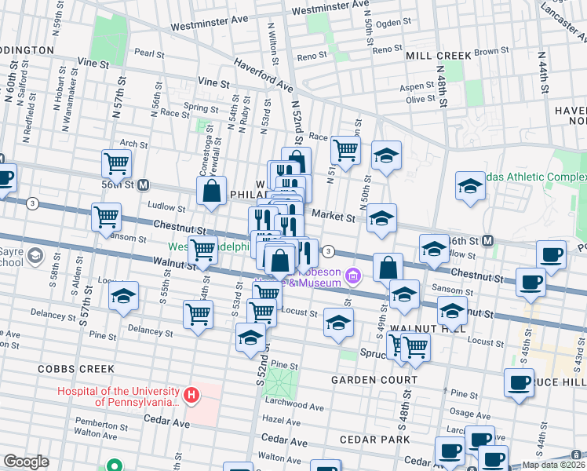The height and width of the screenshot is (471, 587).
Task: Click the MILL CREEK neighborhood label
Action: pos(439,56)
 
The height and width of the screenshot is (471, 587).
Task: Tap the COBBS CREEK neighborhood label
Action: pos(76,368)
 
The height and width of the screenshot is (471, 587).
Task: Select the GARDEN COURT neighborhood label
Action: pos(374,380)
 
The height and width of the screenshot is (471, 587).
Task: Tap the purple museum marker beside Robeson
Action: pos(353,275)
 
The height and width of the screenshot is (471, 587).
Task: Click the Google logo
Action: pos(26,462)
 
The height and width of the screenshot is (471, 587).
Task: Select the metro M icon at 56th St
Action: pos(144,185)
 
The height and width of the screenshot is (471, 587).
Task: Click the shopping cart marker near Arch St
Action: pos(116,163)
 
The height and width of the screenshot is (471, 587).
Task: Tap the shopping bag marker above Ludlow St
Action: pos(212,190)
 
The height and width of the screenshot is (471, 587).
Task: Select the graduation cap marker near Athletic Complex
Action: pos(469,186)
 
